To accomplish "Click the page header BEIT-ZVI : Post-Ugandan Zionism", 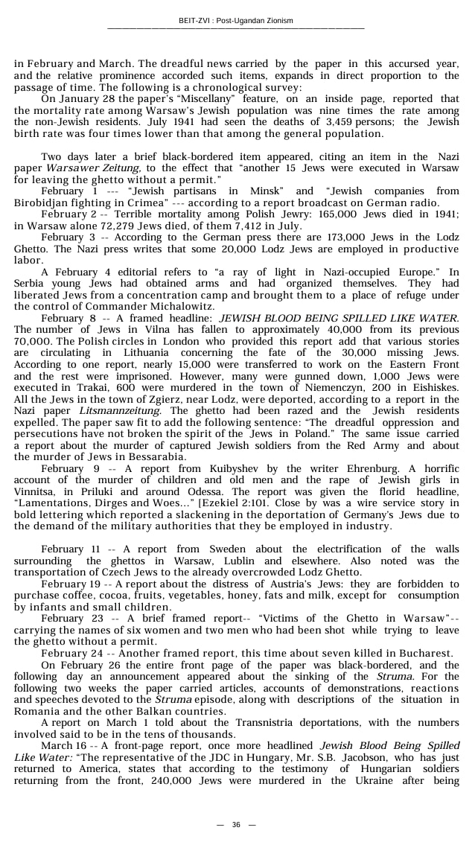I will [236, 20].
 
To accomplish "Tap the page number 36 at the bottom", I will [236, 824].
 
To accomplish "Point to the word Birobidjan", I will [42, 202].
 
